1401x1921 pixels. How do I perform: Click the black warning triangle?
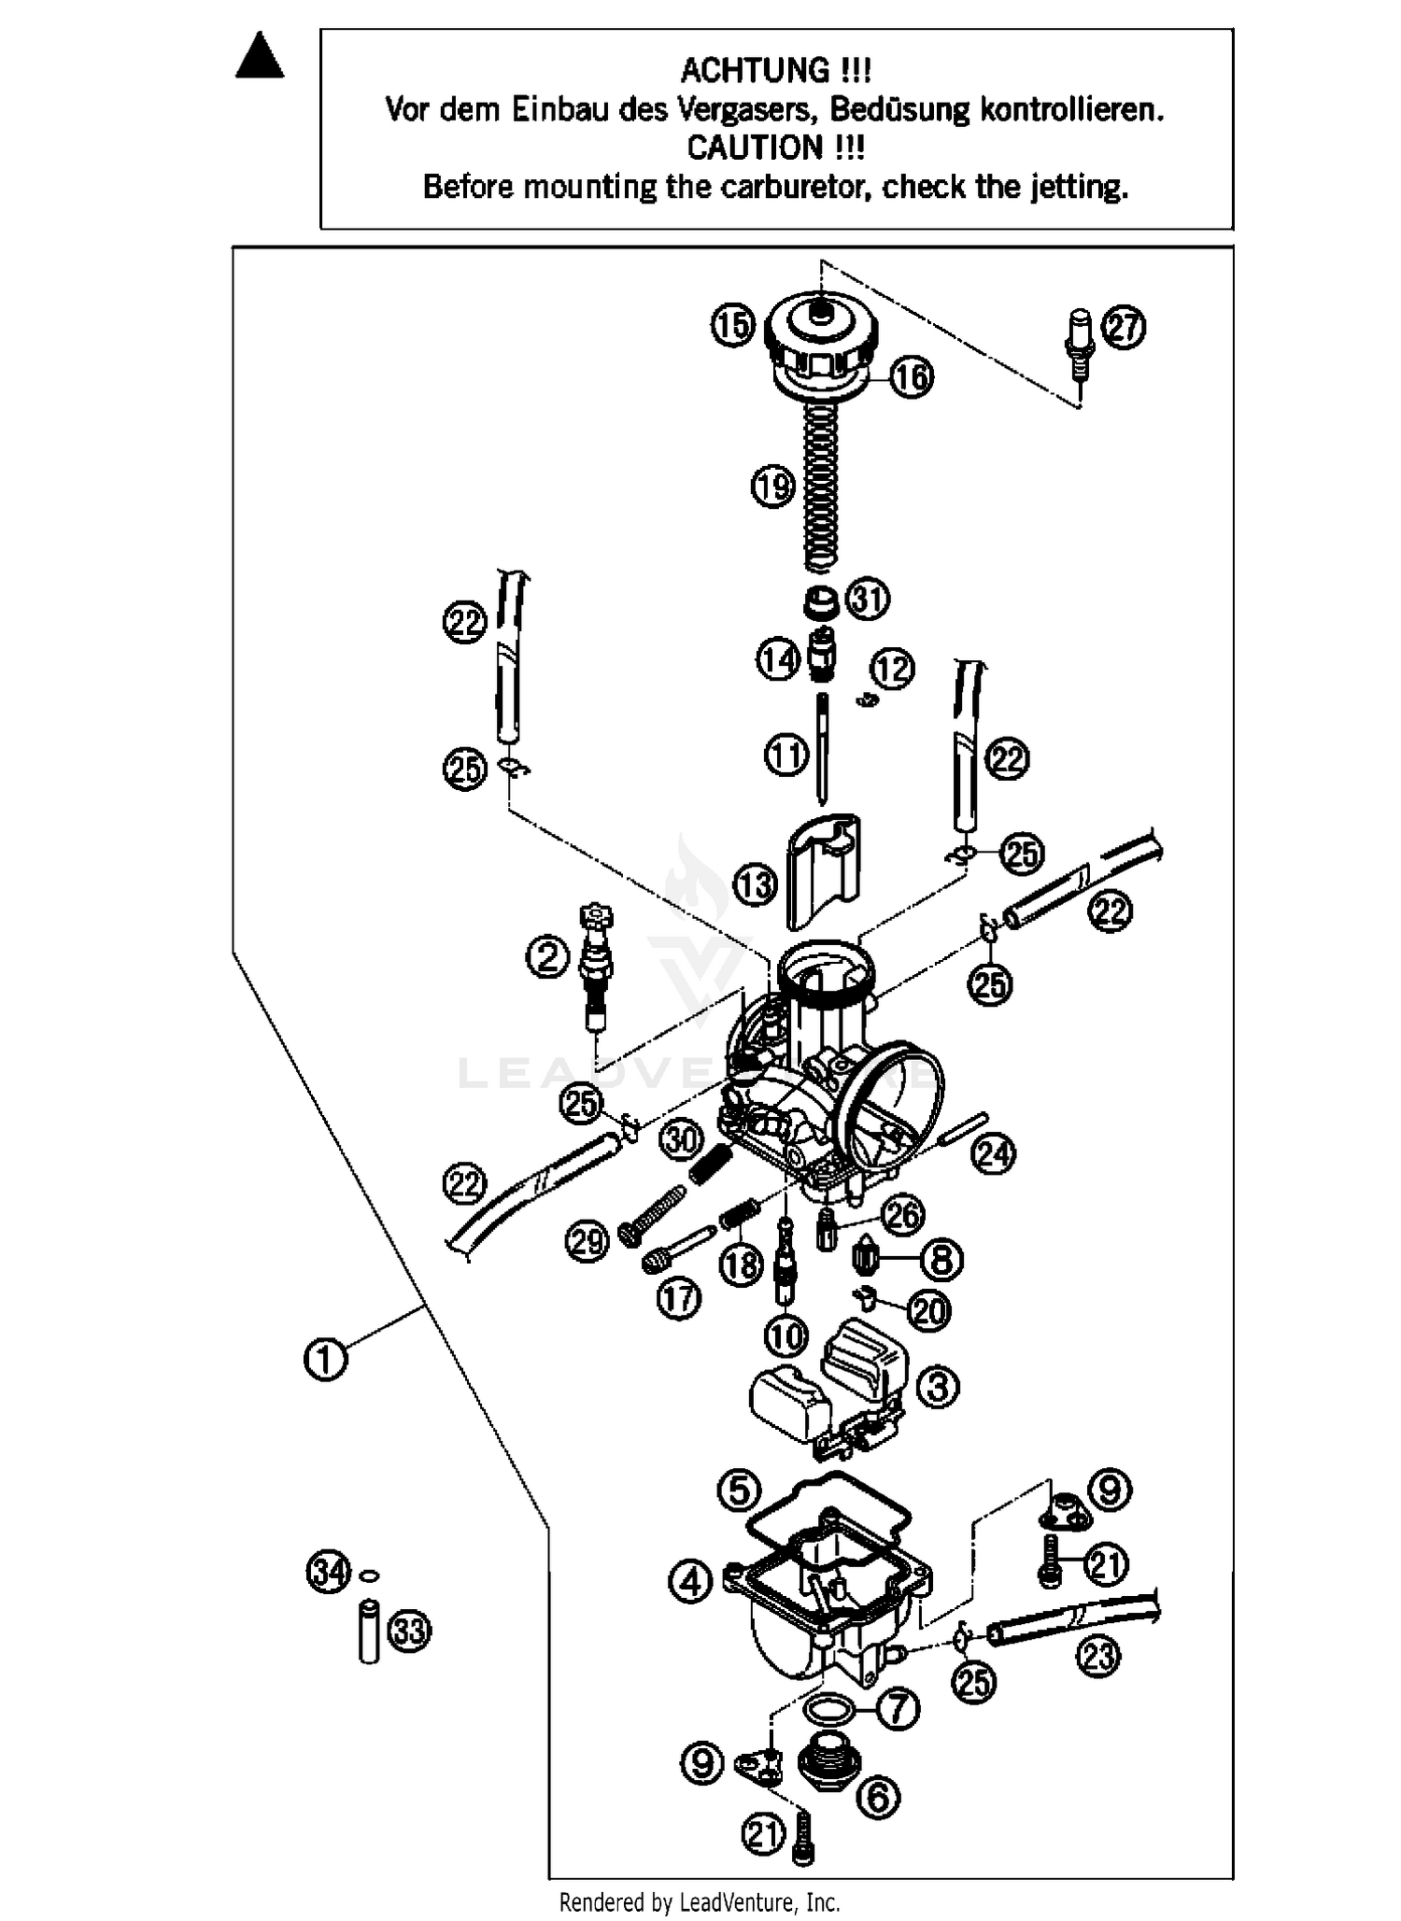point(259,57)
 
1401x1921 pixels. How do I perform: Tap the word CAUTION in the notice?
point(754,148)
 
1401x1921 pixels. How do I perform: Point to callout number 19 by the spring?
point(773,486)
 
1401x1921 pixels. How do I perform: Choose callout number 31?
point(869,599)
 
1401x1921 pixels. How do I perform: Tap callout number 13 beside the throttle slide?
point(755,884)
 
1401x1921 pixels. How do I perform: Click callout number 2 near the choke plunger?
point(547,956)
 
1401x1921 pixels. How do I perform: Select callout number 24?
point(993,1154)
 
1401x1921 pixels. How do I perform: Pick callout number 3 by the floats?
point(938,1387)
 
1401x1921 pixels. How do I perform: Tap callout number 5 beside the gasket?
point(738,1490)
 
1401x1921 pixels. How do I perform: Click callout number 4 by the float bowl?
point(690,1582)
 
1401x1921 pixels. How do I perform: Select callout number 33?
point(409,1631)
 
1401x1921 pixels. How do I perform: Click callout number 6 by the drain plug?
point(878,1796)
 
